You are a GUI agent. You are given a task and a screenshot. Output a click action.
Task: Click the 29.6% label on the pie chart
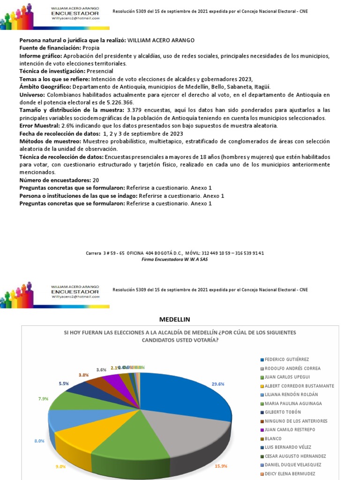[x=231, y=383]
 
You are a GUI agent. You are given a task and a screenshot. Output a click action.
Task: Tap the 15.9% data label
[x=222, y=466]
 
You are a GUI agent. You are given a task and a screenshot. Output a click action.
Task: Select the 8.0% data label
[x=39, y=441]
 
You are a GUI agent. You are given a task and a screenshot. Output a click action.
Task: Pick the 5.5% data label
[x=64, y=383]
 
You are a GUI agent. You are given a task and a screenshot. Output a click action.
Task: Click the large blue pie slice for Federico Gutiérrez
[x=187, y=394]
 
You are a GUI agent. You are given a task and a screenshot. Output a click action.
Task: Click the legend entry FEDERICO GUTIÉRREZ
[x=286, y=360]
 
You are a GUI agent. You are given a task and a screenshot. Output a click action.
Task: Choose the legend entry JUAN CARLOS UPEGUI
[x=286, y=377]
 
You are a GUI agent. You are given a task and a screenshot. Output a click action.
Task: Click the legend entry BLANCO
[x=274, y=438]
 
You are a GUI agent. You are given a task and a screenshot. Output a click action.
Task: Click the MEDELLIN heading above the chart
[x=174, y=319]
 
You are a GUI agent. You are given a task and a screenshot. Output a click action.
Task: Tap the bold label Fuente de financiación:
[x=50, y=48]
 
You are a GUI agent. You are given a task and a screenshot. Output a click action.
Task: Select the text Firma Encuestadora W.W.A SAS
[x=174, y=259]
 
